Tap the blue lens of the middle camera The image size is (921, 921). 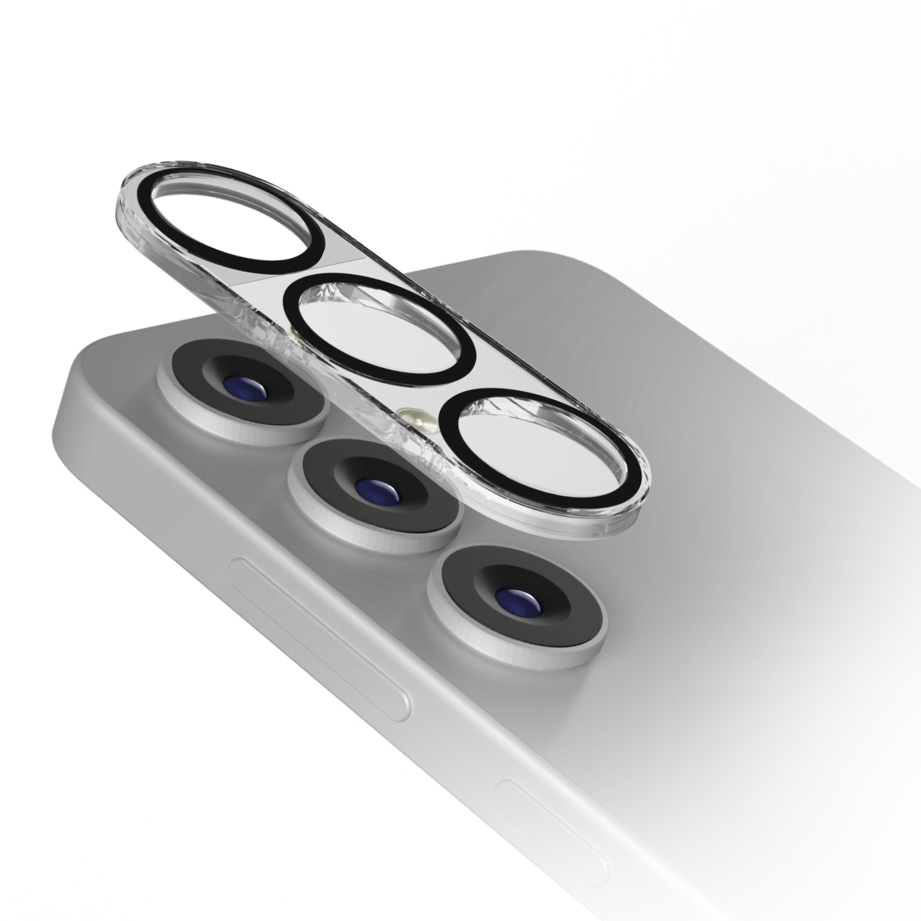373,489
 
